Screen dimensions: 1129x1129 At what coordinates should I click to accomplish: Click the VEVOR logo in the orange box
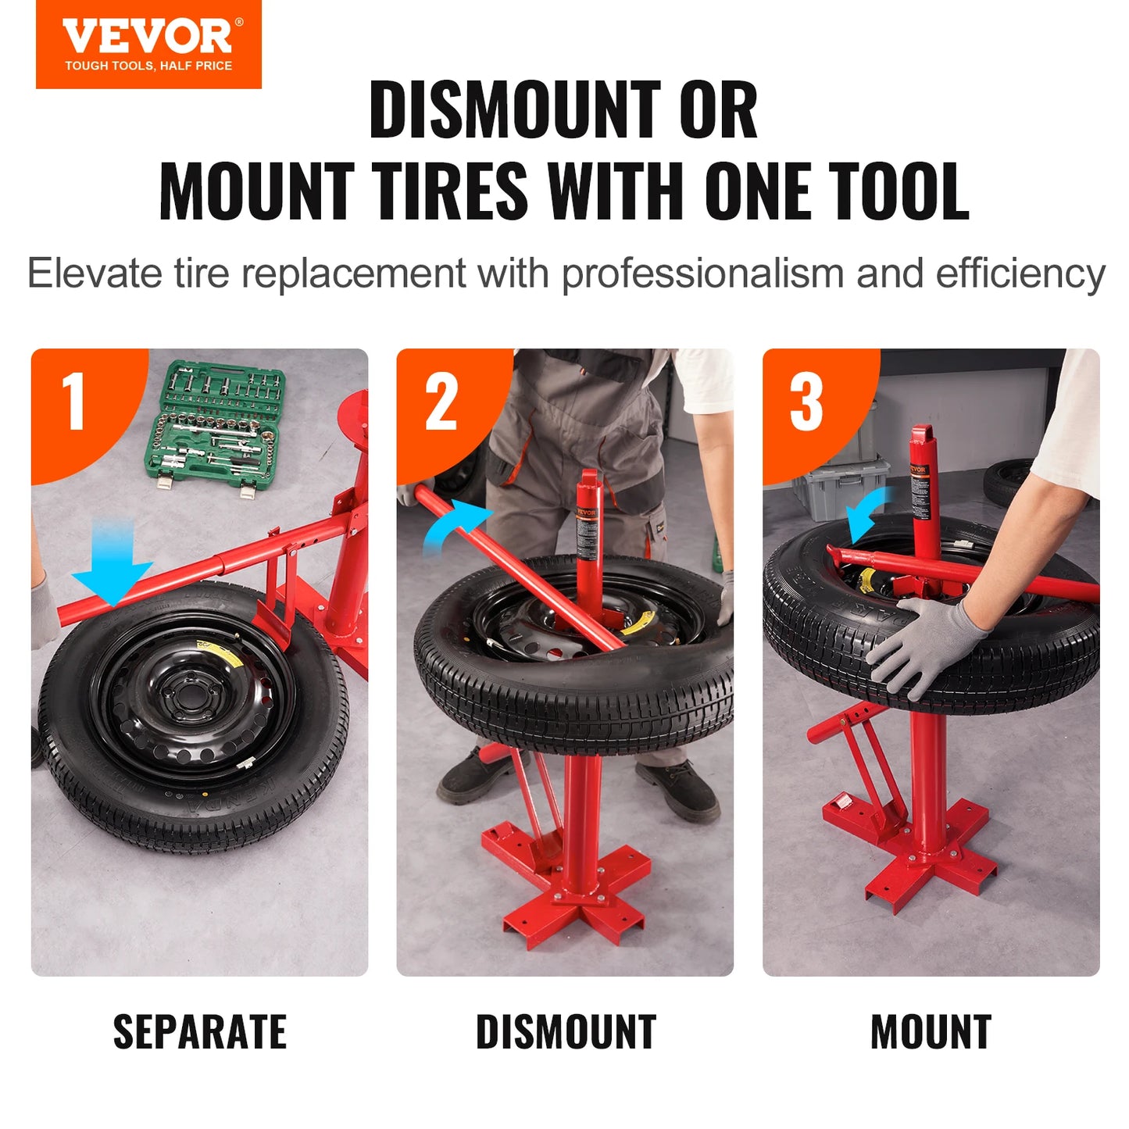click(148, 37)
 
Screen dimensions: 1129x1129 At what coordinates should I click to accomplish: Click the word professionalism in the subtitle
click(702, 274)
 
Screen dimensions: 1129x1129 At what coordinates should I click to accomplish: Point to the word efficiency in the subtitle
click(1020, 274)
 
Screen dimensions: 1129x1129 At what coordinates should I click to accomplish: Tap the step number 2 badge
click(441, 402)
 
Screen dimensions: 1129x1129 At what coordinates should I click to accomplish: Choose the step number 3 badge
click(806, 402)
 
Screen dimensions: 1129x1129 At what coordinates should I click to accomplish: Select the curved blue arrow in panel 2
click(457, 523)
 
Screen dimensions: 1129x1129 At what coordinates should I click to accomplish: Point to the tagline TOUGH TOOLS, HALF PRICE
click(148, 66)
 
